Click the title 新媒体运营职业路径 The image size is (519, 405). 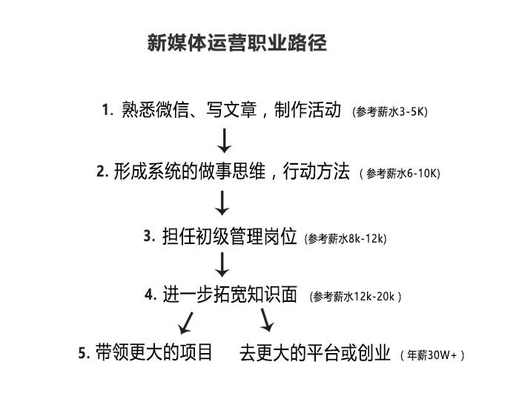click(x=237, y=43)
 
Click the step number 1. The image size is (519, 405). click(x=107, y=110)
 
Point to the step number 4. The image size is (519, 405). click(x=151, y=294)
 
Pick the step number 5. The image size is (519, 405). click(x=84, y=353)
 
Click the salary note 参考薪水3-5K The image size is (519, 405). click(x=390, y=112)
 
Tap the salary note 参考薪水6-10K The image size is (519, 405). click(x=400, y=174)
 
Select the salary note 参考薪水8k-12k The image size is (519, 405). click(x=346, y=239)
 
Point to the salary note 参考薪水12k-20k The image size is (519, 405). click(x=356, y=297)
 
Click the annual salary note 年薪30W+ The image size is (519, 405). click(x=432, y=355)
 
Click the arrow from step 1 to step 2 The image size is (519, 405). click(x=224, y=139)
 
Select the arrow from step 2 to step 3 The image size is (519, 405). click(x=222, y=202)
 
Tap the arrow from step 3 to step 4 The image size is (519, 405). click(x=222, y=264)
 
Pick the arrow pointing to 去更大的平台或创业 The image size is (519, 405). click(x=267, y=320)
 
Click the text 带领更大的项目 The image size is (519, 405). click(x=154, y=352)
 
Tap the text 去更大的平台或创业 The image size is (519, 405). click(x=314, y=352)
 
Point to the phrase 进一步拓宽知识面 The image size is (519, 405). click(x=230, y=294)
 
